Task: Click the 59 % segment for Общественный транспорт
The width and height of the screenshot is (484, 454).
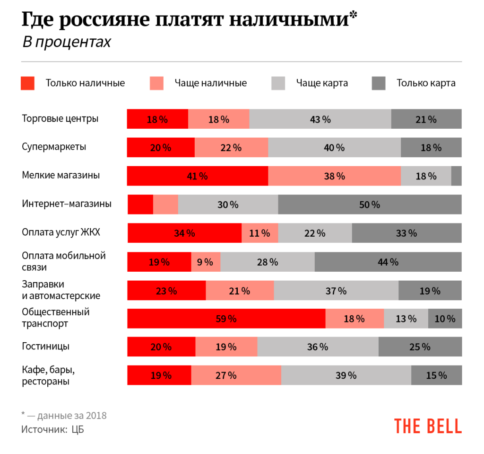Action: (226, 319)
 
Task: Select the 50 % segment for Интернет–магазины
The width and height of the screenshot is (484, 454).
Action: (369, 205)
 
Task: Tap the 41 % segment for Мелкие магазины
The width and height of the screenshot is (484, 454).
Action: (197, 176)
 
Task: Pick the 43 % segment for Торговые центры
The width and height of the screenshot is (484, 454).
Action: (320, 119)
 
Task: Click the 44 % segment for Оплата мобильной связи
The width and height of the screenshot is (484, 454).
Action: (388, 262)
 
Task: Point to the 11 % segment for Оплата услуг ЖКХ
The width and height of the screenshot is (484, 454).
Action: (259, 233)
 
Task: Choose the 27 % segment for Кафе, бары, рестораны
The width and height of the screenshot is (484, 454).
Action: (236, 375)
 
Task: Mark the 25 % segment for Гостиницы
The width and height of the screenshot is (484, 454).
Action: (420, 347)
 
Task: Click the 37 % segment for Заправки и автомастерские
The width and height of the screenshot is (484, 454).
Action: (336, 290)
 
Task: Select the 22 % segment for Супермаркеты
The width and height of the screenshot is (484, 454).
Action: (231, 147)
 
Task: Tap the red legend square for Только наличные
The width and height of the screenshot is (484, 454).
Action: (28, 83)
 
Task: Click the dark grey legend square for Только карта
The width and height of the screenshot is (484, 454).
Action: (379, 83)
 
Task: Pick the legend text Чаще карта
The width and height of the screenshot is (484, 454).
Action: (322, 83)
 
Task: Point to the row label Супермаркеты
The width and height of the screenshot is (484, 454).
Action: (54, 147)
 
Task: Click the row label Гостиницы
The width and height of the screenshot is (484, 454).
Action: (46, 346)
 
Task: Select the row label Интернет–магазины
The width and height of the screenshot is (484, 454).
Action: (67, 204)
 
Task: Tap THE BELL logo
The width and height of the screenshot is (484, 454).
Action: (428, 426)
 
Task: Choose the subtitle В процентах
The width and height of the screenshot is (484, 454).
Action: (66, 42)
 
